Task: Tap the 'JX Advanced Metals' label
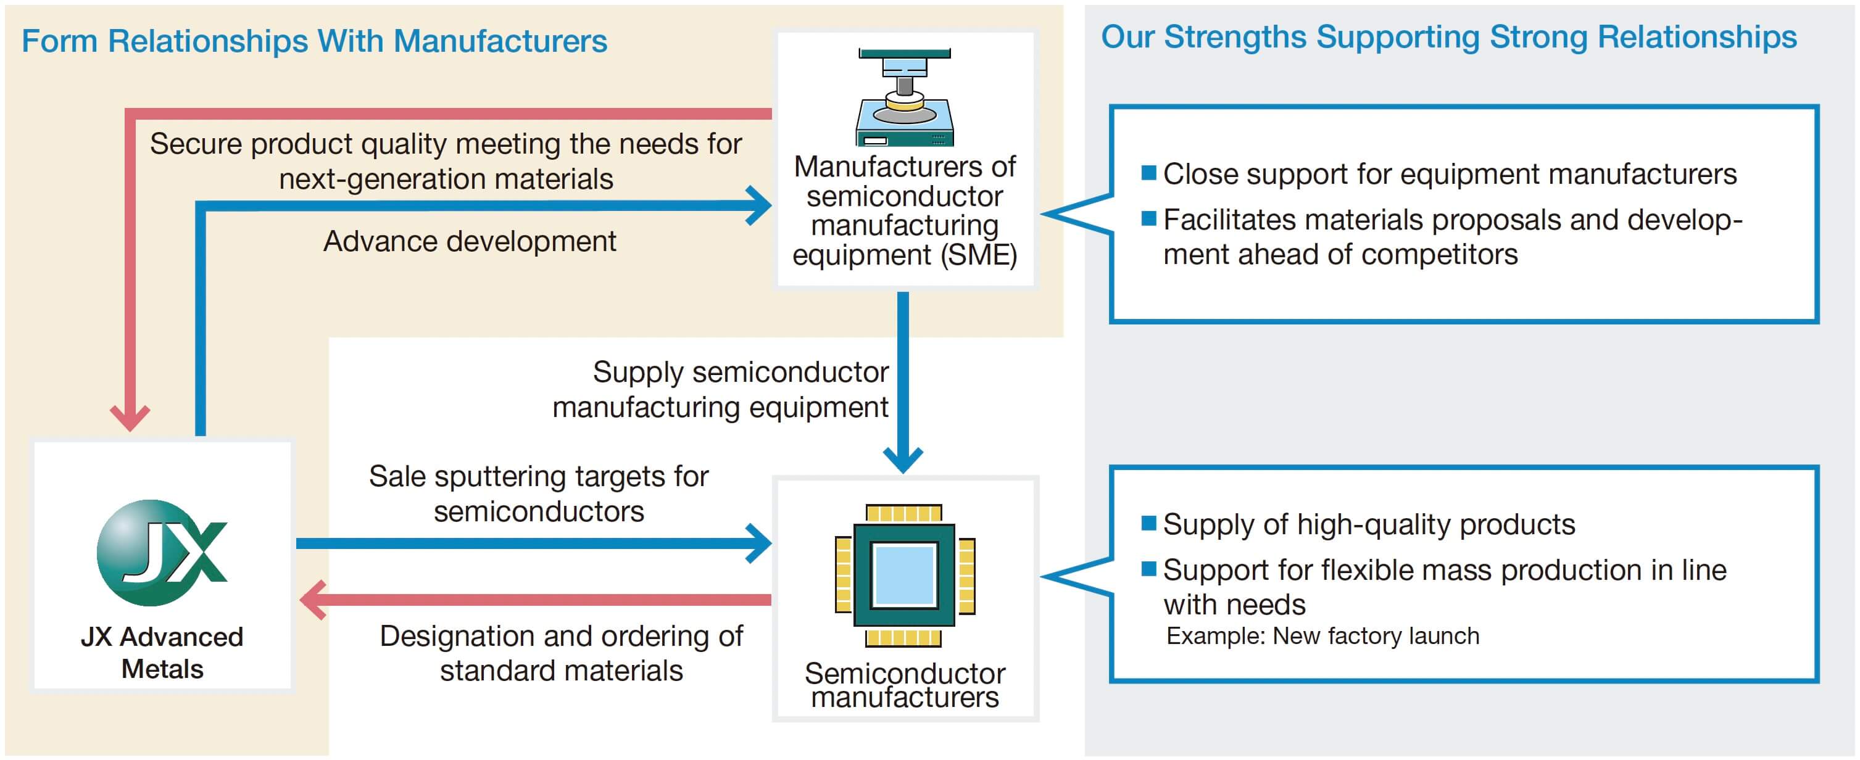[162, 653]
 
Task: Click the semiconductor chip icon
[905, 574]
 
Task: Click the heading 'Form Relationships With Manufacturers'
[314, 41]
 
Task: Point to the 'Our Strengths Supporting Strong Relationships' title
[1448, 38]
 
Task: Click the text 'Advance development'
[470, 241]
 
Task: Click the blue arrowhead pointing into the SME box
[760, 205]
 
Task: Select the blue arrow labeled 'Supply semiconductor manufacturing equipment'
[903, 382]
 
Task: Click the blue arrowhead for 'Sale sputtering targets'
[760, 543]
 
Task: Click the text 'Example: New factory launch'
[1322, 636]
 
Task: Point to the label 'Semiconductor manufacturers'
[905, 685]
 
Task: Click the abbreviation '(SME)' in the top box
[979, 255]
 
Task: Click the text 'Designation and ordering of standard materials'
[561, 653]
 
